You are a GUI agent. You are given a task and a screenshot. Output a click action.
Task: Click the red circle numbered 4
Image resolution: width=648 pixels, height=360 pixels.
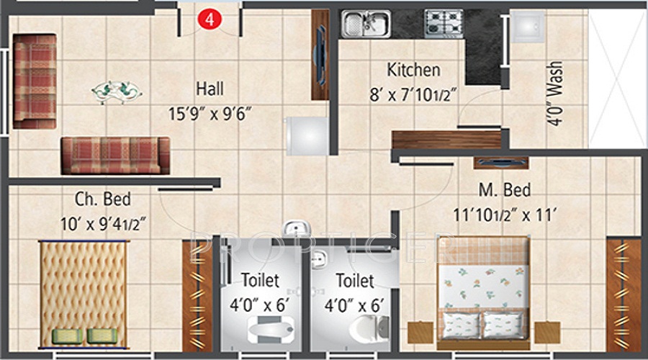210,19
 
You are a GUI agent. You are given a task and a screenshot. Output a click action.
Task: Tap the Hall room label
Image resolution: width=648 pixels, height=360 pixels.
210,89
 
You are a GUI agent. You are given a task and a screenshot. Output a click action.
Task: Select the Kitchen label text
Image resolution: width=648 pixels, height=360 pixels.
413,70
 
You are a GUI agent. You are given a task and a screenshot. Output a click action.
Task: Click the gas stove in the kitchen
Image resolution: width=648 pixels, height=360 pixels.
444,23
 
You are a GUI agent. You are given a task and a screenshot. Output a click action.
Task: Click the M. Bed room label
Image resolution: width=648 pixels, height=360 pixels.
505,191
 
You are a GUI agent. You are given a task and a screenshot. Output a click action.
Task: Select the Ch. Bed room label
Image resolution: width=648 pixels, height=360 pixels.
103,199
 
